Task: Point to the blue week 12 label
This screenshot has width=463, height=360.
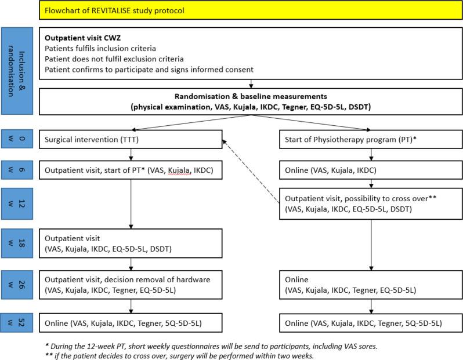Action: pos(16,205)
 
